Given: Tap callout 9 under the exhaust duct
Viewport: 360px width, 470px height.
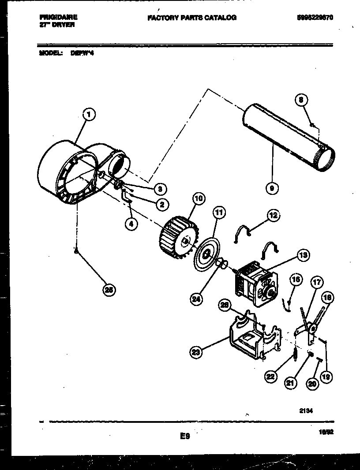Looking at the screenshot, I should pyautogui.click(x=273, y=189).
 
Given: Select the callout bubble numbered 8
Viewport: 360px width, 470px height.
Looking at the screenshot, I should pyautogui.click(x=300, y=101).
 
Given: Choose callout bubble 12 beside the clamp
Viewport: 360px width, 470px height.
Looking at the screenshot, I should pyautogui.click(x=274, y=215).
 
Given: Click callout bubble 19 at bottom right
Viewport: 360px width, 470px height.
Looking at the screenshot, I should pyautogui.click(x=327, y=377).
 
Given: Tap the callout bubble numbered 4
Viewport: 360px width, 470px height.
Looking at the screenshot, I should pyautogui.click(x=131, y=224).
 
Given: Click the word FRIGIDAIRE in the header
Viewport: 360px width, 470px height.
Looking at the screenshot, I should pyautogui.click(x=58, y=17).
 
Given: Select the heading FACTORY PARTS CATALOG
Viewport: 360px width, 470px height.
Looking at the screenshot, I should pyautogui.click(x=192, y=18).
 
